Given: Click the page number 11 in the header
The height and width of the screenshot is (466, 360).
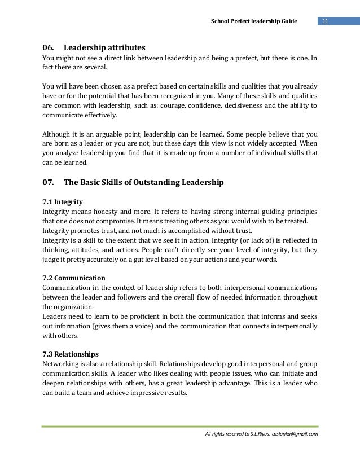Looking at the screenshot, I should click(326, 21).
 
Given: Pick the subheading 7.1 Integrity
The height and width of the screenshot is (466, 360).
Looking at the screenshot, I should click(63, 201).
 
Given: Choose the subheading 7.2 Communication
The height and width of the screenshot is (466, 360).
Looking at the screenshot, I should click(74, 278).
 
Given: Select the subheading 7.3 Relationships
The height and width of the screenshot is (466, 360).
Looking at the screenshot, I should click(71, 354).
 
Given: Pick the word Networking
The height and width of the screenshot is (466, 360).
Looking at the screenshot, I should click(62, 363).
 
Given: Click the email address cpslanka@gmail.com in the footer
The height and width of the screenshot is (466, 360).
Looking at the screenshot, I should click(295, 433).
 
